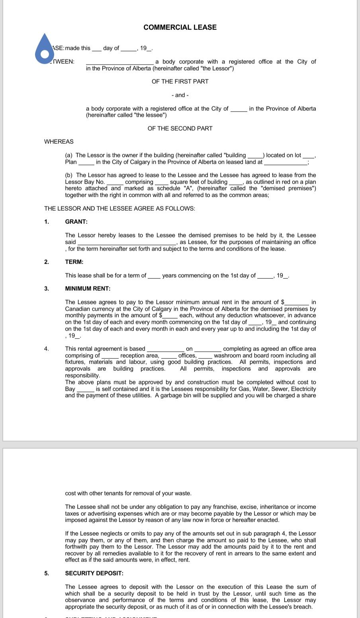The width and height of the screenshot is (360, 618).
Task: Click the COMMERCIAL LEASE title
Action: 180,27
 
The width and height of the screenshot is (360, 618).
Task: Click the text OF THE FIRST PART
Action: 180,81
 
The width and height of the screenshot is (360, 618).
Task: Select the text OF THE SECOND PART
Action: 180,128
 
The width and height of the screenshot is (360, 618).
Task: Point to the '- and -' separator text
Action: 180,95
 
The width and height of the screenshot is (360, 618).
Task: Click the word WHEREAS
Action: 59,141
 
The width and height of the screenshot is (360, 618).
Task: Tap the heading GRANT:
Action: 76,222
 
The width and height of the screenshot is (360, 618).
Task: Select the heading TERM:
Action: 74,262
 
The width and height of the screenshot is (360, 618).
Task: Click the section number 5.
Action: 47,573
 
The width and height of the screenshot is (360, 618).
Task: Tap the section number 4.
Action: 47,349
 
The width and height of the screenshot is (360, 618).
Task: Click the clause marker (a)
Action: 69,155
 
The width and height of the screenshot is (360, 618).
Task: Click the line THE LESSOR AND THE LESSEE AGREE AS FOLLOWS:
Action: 119,209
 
